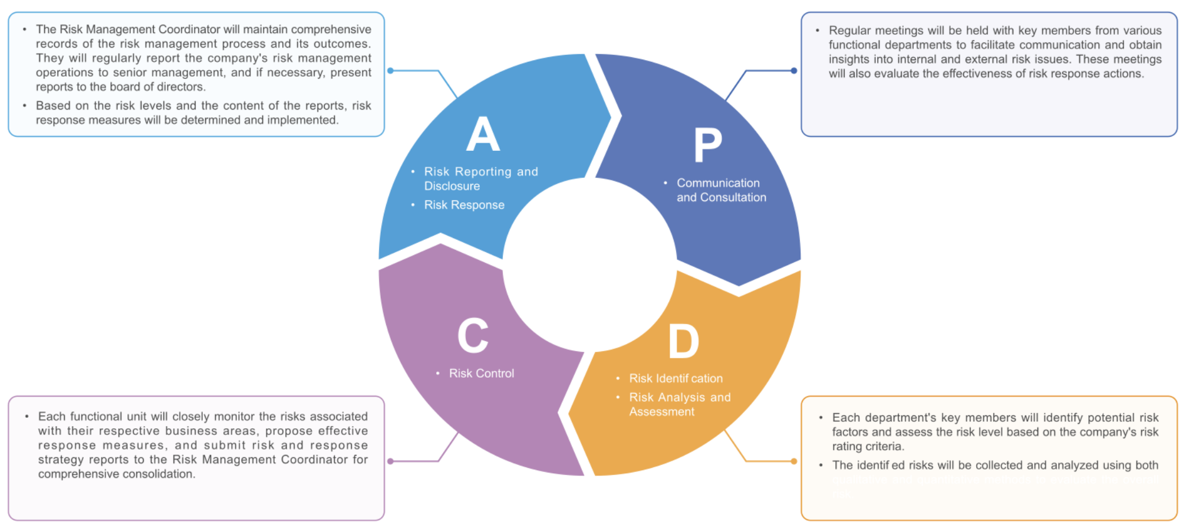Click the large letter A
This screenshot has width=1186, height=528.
pyautogui.click(x=483, y=134)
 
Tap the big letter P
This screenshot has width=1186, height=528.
pyautogui.click(x=708, y=145)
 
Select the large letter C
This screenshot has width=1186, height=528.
pyautogui.click(x=473, y=335)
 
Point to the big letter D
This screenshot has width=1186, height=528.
pyautogui.click(x=684, y=341)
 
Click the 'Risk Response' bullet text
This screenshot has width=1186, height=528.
pyautogui.click(x=464, y=205)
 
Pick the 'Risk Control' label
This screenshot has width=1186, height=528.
pyautogui.click(x=481, y=374)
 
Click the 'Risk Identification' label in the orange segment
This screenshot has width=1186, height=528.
pyautogui.click(x=676, y=378)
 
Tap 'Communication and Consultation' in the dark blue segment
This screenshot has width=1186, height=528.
pyautogui.click(x=721, y=190)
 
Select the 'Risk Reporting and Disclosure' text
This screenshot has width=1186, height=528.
pyautogui.click(x=480, y=179)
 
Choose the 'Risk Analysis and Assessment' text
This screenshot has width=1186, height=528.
pyautogui.click(x=679, y=404)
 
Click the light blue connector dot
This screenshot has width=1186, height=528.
pyautogui.click(x=390, y=71)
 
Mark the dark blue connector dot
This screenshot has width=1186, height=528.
pyautogui.click(x=794, y=71)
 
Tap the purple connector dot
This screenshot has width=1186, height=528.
pyautogui.click(x=390, y=461)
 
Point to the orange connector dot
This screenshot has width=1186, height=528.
pyautogui.click(x=794, y=461)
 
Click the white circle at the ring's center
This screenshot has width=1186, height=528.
pyautogui.click(x=589, y=265)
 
